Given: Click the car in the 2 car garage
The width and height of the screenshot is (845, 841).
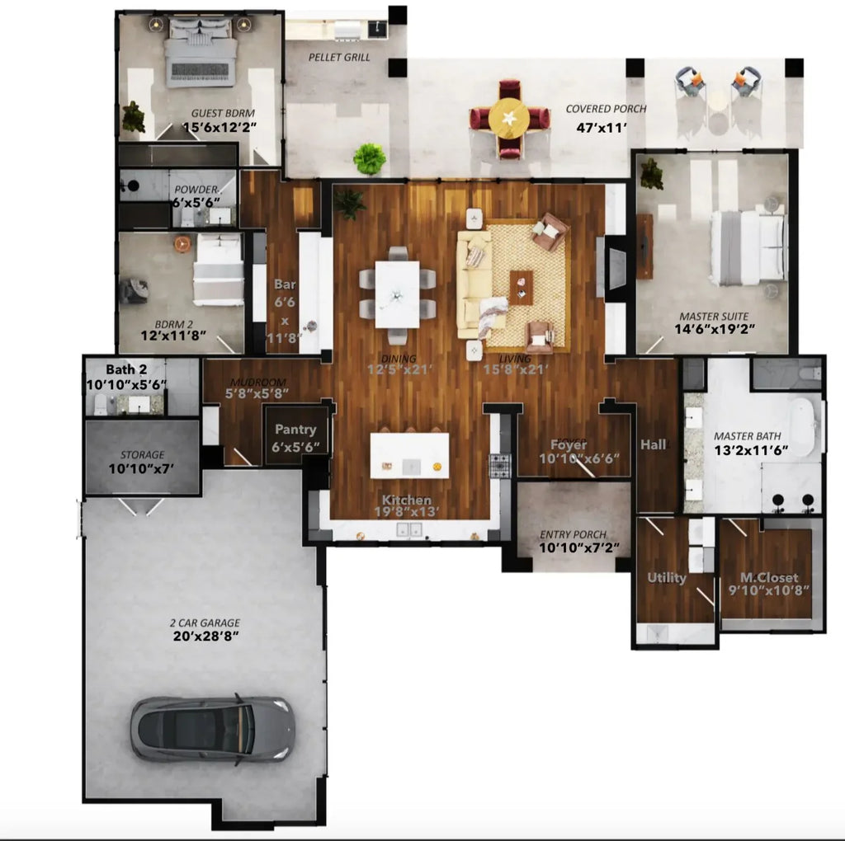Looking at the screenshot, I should click(x=212, y=728).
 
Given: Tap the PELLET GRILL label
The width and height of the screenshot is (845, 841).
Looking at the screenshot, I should click(x=339, y=58).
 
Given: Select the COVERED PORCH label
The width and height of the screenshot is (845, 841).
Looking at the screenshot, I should click(x=606, y=109).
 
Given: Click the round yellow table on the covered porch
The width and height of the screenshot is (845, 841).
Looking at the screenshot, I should click(x=509, y=119).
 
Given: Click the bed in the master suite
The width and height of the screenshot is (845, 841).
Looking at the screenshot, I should click(x=747, y=248).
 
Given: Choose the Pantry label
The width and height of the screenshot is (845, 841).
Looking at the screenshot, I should click(x=295, y=430).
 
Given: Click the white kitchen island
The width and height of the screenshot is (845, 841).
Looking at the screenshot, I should click(x=409, y=455).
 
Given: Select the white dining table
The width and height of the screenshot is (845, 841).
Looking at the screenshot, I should click(x=397, y=294).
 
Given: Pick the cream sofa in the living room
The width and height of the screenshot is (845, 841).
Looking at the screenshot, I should click(x=474, y=284).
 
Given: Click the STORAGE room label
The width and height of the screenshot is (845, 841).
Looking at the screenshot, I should click(x=142, y=454).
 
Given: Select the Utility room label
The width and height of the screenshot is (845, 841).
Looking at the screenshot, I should click(x=667, y=578).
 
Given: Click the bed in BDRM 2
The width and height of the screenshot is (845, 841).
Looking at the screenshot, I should click(x=218, y=270).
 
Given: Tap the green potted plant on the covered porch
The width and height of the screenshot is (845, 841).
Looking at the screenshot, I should click(x=370, y=158).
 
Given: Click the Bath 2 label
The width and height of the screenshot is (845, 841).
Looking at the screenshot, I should click(x=126, y=369).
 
